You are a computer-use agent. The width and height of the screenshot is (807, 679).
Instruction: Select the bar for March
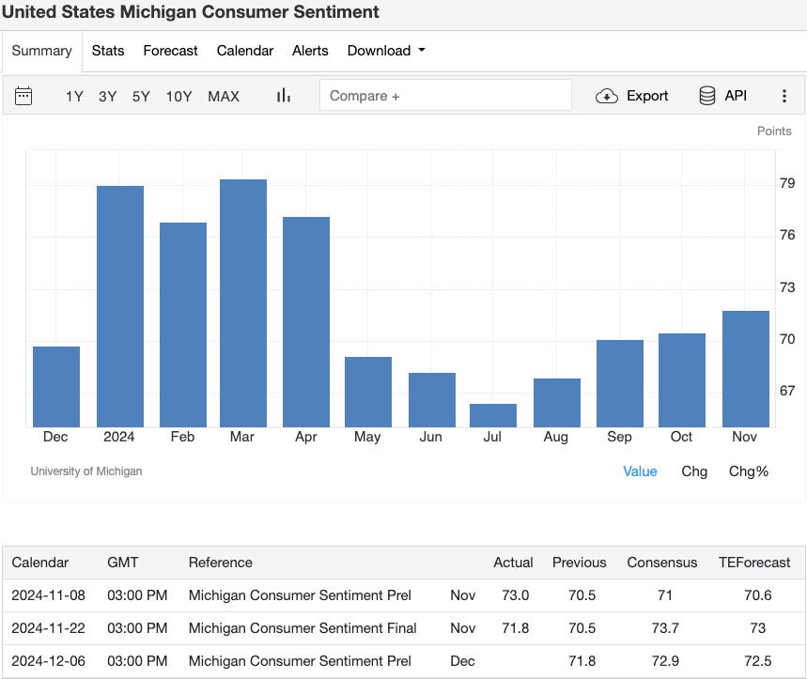[243, 302]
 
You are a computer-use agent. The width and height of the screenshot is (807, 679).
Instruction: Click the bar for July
[493, 415]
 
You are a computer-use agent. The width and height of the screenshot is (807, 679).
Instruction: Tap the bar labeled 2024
[120, 306]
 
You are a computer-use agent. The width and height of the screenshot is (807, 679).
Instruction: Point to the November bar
[746, 368]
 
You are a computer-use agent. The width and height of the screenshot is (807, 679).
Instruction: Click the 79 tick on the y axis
[787, 182]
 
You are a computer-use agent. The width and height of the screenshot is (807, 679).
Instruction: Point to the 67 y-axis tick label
[787, 391]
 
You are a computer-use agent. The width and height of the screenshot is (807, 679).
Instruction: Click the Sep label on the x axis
[619, 437]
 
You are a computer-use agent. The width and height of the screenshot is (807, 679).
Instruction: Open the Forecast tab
[170, 51]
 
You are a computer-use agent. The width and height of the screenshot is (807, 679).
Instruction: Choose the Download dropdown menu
[386, 51]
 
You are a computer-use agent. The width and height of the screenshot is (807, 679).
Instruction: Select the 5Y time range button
[141, 96]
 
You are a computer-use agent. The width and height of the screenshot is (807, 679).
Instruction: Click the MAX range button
[224, 96]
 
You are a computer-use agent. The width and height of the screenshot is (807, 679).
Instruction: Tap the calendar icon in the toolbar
[23, 96]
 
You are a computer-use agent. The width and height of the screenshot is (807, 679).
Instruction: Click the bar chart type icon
[284, 96]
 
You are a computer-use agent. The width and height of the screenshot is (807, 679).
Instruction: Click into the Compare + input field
[445, 96]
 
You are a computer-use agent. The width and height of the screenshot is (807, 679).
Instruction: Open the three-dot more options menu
[784, 96]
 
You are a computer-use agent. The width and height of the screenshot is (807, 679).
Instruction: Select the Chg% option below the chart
[749, 471]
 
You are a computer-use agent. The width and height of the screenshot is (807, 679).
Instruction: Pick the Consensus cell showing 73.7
[662, 627]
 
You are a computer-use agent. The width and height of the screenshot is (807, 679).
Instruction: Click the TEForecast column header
[754, 563]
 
